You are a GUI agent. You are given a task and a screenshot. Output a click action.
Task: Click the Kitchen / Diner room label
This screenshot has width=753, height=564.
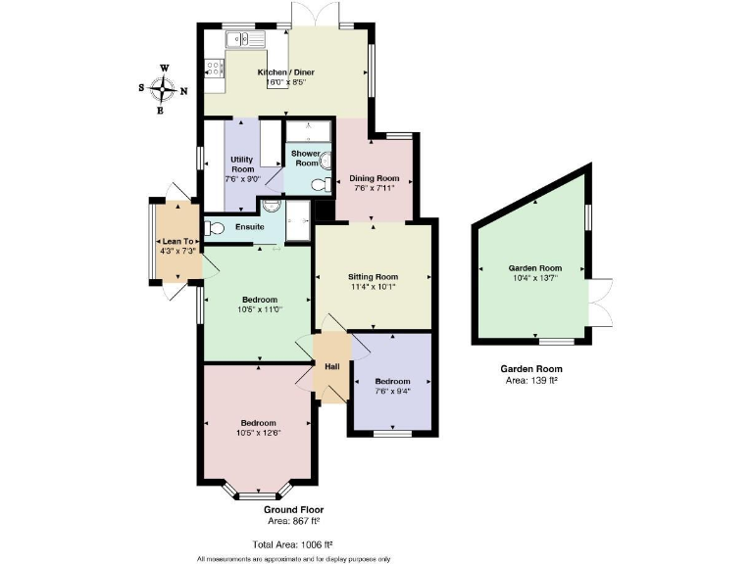(x=285, y=72)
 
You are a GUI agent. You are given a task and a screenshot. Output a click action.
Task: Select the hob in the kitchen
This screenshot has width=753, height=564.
(x=214, y=68)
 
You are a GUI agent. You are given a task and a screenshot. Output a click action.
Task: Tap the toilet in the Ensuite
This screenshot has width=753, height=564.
(x=215, y=228)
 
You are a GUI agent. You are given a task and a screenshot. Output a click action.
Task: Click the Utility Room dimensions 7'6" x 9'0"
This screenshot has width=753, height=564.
(x=241, y=179)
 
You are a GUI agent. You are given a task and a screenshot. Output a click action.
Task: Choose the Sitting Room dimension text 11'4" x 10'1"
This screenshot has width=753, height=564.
(x=374, y=287)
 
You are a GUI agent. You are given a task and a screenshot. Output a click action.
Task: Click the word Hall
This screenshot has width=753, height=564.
(x=332, y=365)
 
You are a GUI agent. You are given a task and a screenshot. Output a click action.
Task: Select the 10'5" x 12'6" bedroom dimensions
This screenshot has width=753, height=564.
(x=258, y=433)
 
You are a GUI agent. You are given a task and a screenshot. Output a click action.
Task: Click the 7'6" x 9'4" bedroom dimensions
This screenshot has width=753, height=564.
(x=391, y=391)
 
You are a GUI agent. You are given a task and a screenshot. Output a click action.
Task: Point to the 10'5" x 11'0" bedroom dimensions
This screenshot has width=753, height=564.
(x=259, y=309)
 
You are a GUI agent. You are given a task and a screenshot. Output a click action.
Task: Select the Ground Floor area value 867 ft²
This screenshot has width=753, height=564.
(x=293, y=522)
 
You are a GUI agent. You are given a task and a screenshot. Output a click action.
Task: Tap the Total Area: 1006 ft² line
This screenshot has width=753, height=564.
(x=292, y=543)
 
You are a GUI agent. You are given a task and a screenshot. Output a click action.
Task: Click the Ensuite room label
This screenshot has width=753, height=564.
(x=249, y=227)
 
